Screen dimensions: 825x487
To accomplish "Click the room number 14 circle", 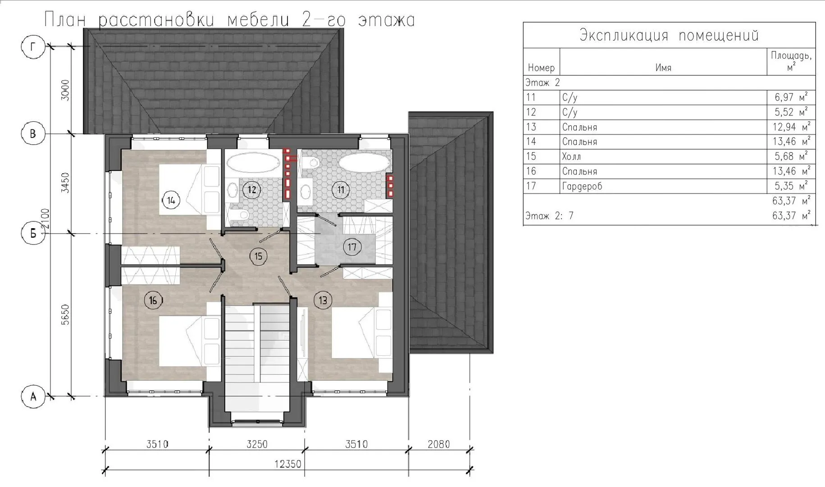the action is tap(171, 200).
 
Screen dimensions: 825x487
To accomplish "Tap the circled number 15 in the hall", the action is tap(258, 257).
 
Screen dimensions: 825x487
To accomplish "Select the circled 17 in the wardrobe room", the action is tap(352, 247).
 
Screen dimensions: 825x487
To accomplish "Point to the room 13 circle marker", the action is tap(323, 300).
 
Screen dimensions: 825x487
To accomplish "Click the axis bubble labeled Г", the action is tap(33, 46).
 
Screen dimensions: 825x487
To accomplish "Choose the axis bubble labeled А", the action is tap(33, 397).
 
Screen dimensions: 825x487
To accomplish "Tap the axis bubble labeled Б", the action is tap(33, 234).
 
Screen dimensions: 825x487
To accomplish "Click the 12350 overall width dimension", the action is tap(287, 464).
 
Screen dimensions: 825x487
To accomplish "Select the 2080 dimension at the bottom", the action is tap(438, 445).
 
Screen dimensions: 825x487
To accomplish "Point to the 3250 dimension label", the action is tap(257, 445).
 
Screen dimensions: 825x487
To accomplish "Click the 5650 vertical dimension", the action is tap(65, 315).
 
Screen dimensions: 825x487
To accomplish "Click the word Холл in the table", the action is tap(571, 156).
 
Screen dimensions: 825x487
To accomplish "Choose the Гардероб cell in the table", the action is tap(582, 186).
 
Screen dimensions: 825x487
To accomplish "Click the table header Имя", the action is tap(663, 68).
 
